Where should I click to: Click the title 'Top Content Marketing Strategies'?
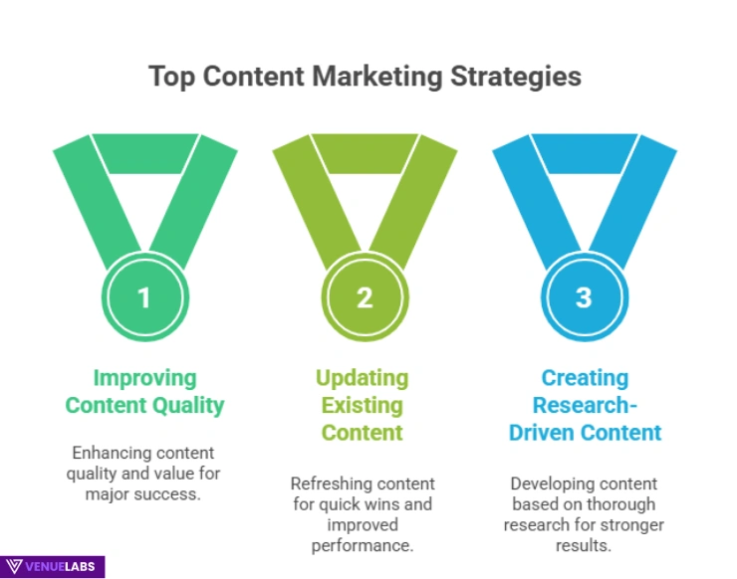point(365,78)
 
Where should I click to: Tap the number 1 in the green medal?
point(145,296)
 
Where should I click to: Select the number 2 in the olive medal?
point(365,296)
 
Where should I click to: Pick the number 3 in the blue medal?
point(585,296)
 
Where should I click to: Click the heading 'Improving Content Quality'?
point(145,392)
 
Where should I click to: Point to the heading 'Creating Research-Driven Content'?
point(585,405)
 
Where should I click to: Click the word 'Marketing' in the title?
point(368,78)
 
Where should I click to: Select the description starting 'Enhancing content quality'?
point(145,473)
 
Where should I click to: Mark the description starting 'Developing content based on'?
point(585,513)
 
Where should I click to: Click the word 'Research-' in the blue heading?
point(585,405)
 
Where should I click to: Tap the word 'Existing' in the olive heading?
point(362,405)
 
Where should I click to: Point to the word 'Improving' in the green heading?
point(145,378)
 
